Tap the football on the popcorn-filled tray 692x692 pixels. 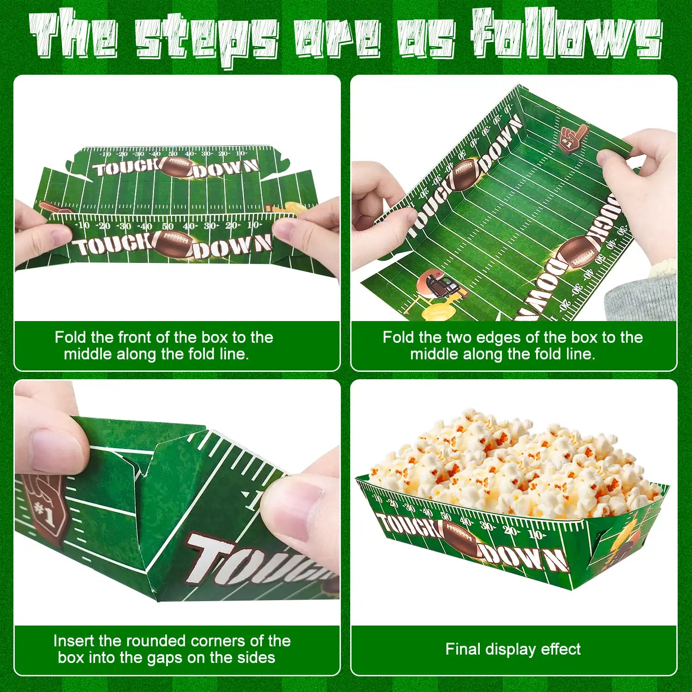(460, 540)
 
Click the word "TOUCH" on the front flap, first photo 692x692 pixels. (113, 245)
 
